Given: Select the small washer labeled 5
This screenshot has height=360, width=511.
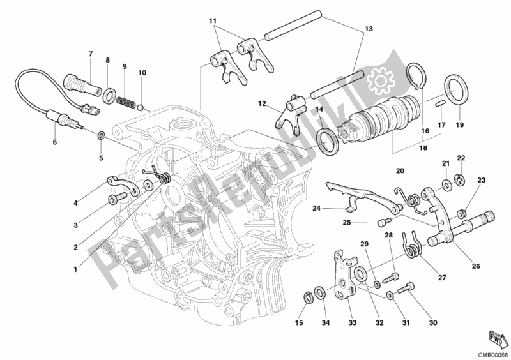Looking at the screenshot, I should coord(100,135).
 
